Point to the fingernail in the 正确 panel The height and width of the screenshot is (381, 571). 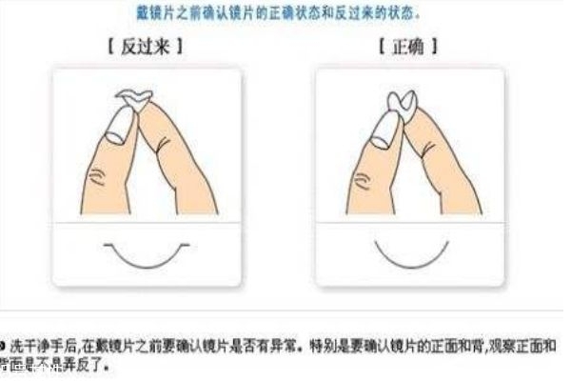[x=384, y=128]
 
